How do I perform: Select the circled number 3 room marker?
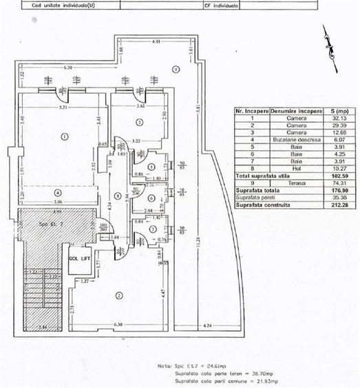(x=138, y=122)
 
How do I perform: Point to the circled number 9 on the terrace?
(x=176, y=68)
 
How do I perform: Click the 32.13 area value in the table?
(x=338, y=118)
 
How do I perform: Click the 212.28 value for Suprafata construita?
(x=337, y=205)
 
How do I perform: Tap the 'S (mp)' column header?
(x=338, y=110)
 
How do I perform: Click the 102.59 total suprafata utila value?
(x=337, y=174)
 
